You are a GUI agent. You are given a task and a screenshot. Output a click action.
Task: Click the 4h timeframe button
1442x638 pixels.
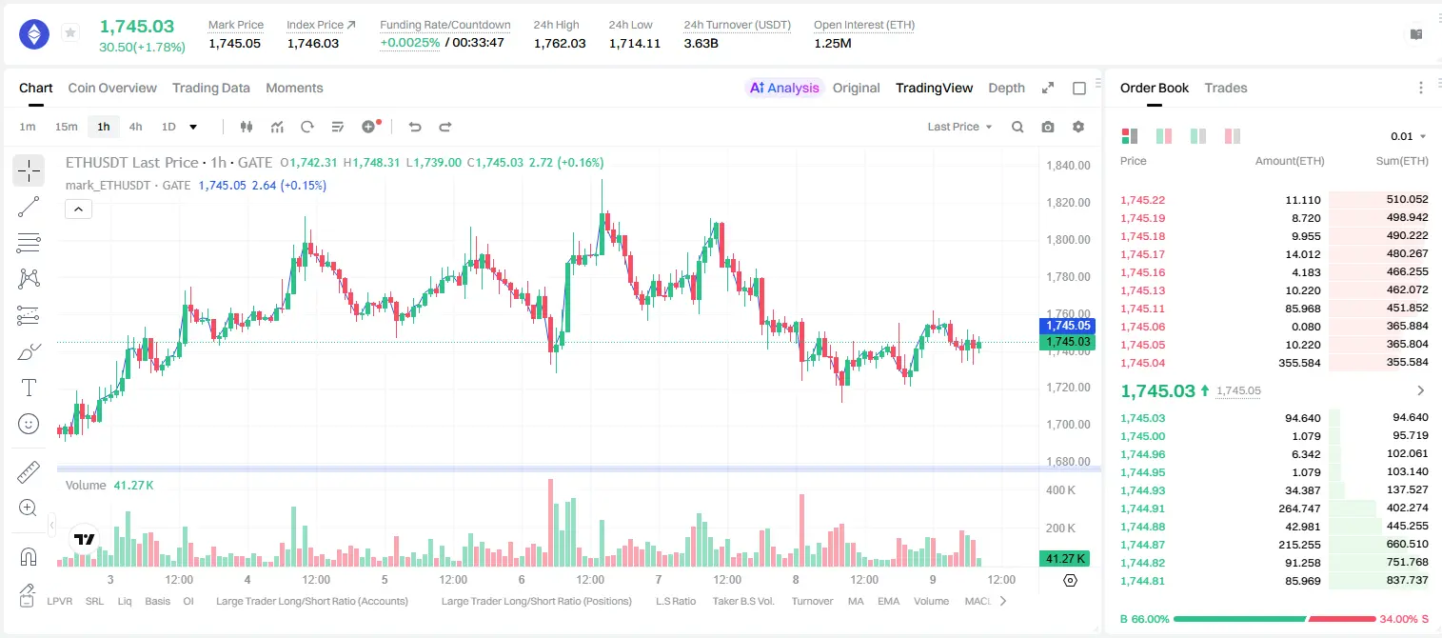[135, 127]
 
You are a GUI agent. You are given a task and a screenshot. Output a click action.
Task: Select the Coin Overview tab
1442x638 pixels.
[112, 88]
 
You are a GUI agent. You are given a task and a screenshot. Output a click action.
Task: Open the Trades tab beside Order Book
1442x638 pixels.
[1226, 88]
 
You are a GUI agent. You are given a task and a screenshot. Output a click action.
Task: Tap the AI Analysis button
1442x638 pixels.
[784, 88]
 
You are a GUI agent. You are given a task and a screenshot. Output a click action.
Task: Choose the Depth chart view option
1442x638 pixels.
[1006, 88]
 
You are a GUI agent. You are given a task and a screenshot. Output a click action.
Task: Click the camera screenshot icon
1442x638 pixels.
[1048, 127]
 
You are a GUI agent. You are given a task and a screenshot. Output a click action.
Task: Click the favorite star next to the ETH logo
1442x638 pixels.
[70, 32]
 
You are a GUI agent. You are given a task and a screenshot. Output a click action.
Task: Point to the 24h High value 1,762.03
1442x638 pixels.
[560, 43]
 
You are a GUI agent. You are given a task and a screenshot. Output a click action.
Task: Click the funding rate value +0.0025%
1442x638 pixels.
[410, 43]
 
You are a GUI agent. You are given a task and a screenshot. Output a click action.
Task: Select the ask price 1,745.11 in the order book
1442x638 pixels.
[1143, 309]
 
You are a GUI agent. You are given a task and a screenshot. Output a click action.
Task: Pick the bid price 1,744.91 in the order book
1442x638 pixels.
[1143, 508]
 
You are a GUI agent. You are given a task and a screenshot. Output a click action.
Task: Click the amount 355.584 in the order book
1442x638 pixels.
[1299, 363]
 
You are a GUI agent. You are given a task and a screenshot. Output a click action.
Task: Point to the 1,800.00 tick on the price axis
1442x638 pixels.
[1068, 240]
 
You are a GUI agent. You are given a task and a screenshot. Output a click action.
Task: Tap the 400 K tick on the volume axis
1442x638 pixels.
[1060, 490]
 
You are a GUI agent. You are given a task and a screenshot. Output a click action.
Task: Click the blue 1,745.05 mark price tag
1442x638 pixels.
[1067, 326]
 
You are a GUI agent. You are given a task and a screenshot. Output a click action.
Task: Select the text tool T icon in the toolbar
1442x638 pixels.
[29, 388]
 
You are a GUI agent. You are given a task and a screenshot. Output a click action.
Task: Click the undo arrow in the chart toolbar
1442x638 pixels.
[415, 127]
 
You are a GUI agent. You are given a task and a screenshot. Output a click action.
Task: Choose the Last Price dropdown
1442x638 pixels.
[959, 127]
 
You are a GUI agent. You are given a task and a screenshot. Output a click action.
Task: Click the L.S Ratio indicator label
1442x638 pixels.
[675, 601]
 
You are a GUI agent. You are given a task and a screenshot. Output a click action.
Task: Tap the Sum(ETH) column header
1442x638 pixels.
[1402, 161]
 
